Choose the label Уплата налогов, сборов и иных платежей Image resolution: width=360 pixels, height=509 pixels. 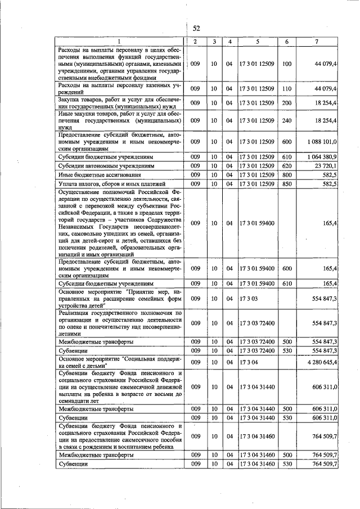click(x=102, y=184)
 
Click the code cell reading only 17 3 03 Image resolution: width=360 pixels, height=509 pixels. click(x=249, y=299)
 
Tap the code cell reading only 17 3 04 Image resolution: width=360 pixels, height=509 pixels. click(x=249, y=362)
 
